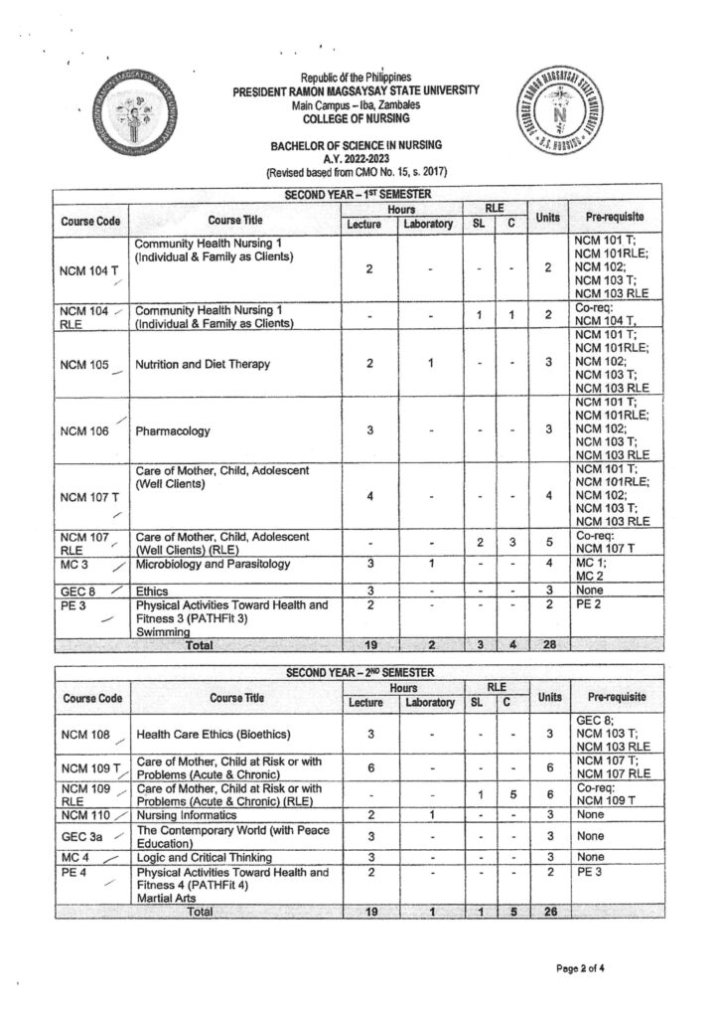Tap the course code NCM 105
click(x=84, y=364)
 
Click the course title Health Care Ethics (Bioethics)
click(x=212, y=734)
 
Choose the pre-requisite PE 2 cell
click(x=588, y=603)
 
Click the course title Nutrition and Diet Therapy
click(x=203, y=364)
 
